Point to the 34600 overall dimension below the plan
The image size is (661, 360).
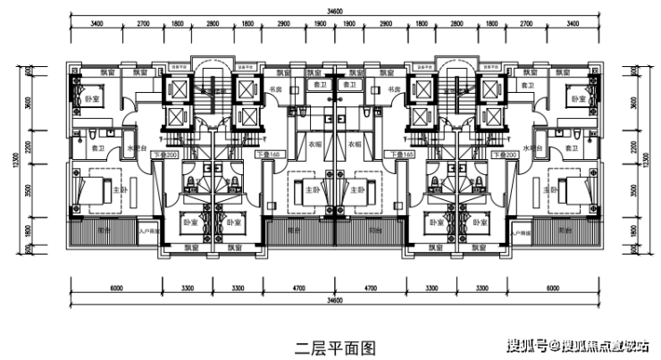pyautogui.click(x=334, y=299)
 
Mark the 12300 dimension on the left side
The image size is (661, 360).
pyautogui.click(x=53, y=158)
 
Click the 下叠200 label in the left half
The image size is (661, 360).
pyautogui.click(x=166, y=155)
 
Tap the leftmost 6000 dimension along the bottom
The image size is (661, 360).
pyautogui.click(x=116, y=288)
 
